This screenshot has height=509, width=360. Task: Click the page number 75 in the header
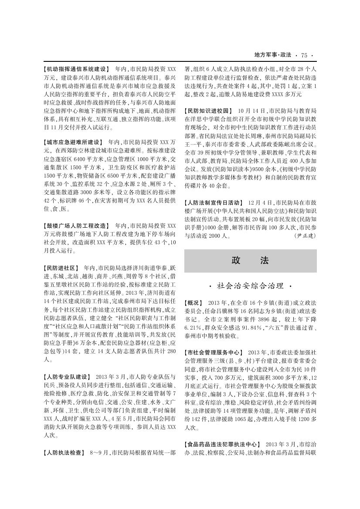click(x=304, y=55)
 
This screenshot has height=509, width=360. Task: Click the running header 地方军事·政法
click(x=272, y=55)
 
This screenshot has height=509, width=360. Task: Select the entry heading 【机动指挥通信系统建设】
click(x=76, y=69)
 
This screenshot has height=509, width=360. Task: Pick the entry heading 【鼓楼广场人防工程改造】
click(x=76, y=226)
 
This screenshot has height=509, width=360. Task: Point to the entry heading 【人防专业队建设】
click(x=67, y=376)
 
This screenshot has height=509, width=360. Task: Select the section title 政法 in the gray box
click(x=250, y=261)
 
